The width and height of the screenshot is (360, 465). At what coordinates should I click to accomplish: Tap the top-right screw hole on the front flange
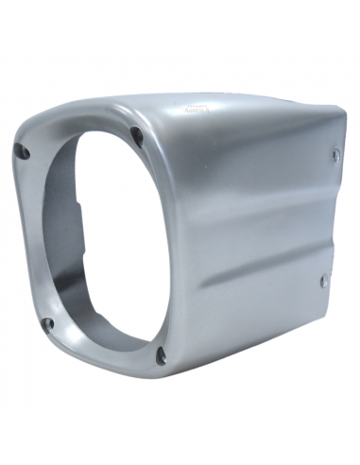[x=136, y=133]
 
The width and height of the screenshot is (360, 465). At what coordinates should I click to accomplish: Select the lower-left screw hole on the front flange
[x=48, y=324]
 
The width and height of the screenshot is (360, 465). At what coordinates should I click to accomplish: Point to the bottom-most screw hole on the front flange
[x=160, y=355]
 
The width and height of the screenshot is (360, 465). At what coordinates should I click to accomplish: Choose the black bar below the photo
[x=180, y=439]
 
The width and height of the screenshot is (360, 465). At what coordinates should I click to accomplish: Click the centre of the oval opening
[x=94, y=241]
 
